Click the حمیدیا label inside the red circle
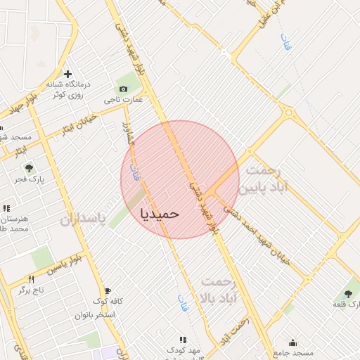coord(160,212)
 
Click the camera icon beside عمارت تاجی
coord(124,89)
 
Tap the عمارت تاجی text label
coord(124,100)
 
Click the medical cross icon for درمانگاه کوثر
coord(67,74)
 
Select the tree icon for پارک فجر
coord(29,168)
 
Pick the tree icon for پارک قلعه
coord(348,293)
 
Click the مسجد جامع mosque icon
coord(292,342)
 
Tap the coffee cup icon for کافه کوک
coord(108,291)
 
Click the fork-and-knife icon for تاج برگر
coord(31,279)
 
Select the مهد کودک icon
coord(184,340)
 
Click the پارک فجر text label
coord(29,180)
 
